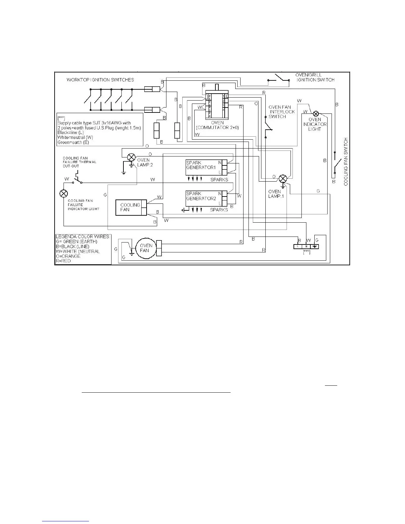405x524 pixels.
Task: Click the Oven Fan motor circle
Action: tap(146, 248)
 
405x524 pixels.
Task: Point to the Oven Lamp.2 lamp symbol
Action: tap(132, 157)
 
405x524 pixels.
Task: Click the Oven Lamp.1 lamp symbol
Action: tap(283, 179)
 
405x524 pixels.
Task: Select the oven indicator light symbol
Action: tap(316, 113)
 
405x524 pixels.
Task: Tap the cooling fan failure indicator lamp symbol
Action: tap(64, 194)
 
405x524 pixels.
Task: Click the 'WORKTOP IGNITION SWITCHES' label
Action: tap(100, 80)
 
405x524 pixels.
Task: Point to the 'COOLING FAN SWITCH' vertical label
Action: tap(346, 162)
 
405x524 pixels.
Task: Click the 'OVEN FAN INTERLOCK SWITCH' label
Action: tap(281, 112)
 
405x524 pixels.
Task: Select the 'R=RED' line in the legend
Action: tap(63, 261)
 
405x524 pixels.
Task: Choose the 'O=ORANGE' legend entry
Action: tap(68, 256)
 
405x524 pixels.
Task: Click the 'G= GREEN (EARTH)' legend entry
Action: tap(76, 241)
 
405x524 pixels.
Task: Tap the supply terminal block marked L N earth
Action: tap(306, 247)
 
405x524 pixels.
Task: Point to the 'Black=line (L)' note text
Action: tap(70, 132)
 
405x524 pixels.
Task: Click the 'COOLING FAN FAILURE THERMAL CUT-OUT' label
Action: tap(79, 162)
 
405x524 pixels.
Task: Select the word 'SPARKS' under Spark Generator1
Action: tap(219, 180)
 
